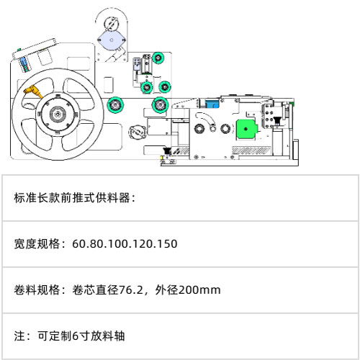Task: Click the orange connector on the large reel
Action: pos(32,91)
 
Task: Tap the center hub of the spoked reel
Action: pos(58,114)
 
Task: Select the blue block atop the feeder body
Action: pos(212,104)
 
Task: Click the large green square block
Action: pos(246,129)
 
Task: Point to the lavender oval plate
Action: pos(112,40)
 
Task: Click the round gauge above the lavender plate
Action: pos(112,24)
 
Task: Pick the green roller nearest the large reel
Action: pos(115,105)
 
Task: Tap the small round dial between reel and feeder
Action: pos(138,132)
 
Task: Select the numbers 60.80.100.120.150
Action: pos(125,243)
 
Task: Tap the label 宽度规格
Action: pos(37,243)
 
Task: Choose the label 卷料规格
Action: pos(37,289)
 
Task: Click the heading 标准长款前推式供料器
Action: pos(72,198)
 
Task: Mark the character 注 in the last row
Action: pos(19,336)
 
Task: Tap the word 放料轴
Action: pos(107,336)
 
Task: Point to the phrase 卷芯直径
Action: pos(96,289)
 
